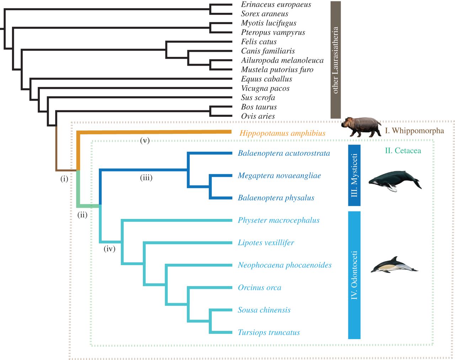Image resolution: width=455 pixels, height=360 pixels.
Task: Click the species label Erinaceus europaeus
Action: (276, 5)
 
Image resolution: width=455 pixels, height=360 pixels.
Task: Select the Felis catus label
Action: (258, 42)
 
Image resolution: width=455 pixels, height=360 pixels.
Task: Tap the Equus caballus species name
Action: (266, 79)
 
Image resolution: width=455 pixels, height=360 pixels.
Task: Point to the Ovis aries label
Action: (258, 116)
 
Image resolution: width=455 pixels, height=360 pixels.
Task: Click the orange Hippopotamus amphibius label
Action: (282, 133)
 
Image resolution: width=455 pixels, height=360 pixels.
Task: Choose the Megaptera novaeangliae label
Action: (279, 176)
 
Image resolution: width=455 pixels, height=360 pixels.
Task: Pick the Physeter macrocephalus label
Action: (278, 220)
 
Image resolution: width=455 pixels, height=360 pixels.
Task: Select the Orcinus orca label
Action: (259, 288)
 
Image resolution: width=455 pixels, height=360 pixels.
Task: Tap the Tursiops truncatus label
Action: (268, 333)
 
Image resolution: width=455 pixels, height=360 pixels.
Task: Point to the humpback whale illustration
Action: (395, 181)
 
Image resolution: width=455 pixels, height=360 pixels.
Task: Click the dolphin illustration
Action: (394, 265)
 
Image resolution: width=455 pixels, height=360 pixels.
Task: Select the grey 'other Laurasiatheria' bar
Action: (335, 60)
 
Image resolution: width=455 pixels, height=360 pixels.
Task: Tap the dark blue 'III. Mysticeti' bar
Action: (354, 175)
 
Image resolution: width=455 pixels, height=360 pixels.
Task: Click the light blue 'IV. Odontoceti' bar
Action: (354, 275)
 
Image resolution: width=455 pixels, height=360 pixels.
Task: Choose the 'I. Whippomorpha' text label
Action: (414, 130)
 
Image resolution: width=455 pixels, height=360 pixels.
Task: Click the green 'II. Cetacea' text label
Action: (403, 151)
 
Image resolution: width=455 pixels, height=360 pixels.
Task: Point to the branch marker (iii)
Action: (146, 178)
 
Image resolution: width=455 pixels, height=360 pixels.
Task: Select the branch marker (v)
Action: (145, 140)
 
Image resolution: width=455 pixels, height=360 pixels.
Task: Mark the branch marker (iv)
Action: (109, 249)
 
